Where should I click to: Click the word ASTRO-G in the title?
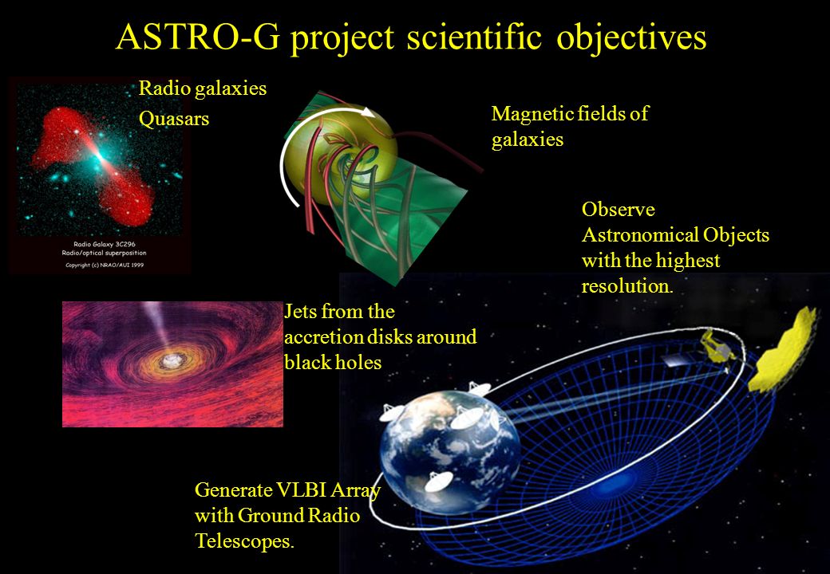pos(197,37)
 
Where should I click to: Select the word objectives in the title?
pos(631,39)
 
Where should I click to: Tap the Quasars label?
pos(174,119)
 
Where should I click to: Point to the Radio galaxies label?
pos(202,88)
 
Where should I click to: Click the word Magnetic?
pos(532,114)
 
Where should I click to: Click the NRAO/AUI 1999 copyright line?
pos(105,265)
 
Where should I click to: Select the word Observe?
pos(618,210)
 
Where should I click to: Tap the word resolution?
pos(627,286)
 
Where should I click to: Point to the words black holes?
pos(333,362)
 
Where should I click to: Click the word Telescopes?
pos(244,541)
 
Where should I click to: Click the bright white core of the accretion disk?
pos(171,360)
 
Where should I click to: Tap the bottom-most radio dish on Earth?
pos(439,482)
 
